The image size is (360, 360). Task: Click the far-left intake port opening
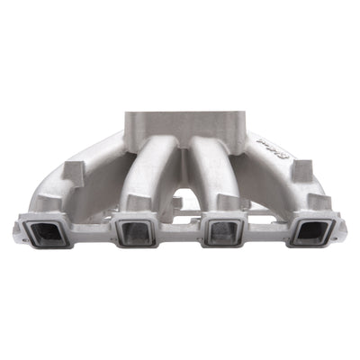45,232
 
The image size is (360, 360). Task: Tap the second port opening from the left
134,232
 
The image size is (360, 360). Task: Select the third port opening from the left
220,232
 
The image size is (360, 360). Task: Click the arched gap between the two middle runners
180,198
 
